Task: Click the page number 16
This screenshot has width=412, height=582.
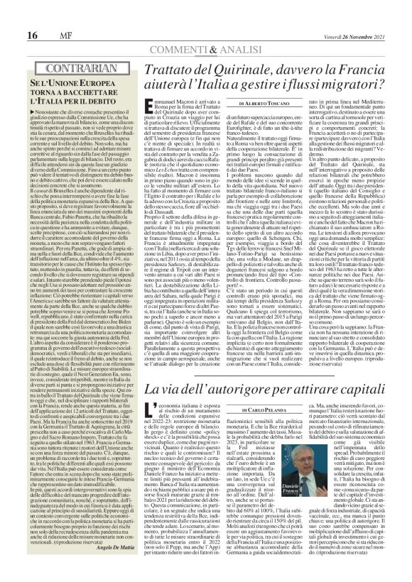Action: click(x=13, y=16)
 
